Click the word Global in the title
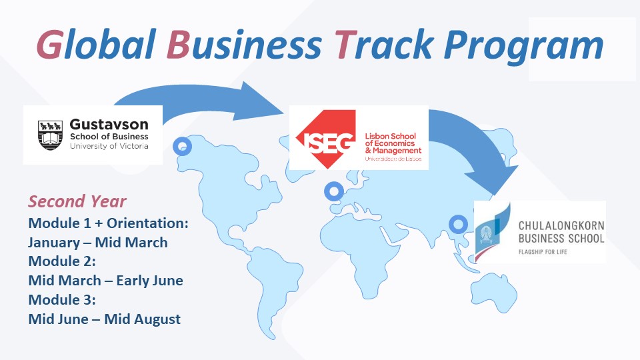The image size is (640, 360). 96,44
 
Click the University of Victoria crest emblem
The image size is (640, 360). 50,135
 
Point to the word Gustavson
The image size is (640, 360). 109,124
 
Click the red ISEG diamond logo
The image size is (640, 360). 325,139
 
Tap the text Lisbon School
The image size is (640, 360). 390,136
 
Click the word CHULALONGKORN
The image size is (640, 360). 561,226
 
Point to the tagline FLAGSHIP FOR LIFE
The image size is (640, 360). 543,252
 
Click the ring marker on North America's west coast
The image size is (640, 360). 182,146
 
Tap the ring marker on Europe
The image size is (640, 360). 334,191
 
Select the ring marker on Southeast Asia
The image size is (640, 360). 458,224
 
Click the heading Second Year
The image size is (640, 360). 77,201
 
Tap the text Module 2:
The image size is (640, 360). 62,261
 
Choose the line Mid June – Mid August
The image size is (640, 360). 105,319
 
